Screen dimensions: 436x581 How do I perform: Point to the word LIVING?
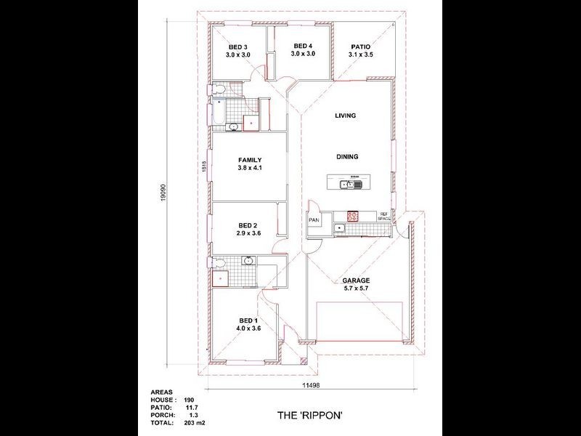pos(346,116)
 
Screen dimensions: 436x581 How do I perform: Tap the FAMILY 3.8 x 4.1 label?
pos(249,164)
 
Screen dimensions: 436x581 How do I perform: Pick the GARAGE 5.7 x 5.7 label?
pos(356,284)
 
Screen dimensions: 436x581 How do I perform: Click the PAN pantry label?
pos(314,219)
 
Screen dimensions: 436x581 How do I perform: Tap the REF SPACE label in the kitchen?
pos(383,216)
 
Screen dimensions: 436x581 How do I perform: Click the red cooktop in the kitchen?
pos(353,215)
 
